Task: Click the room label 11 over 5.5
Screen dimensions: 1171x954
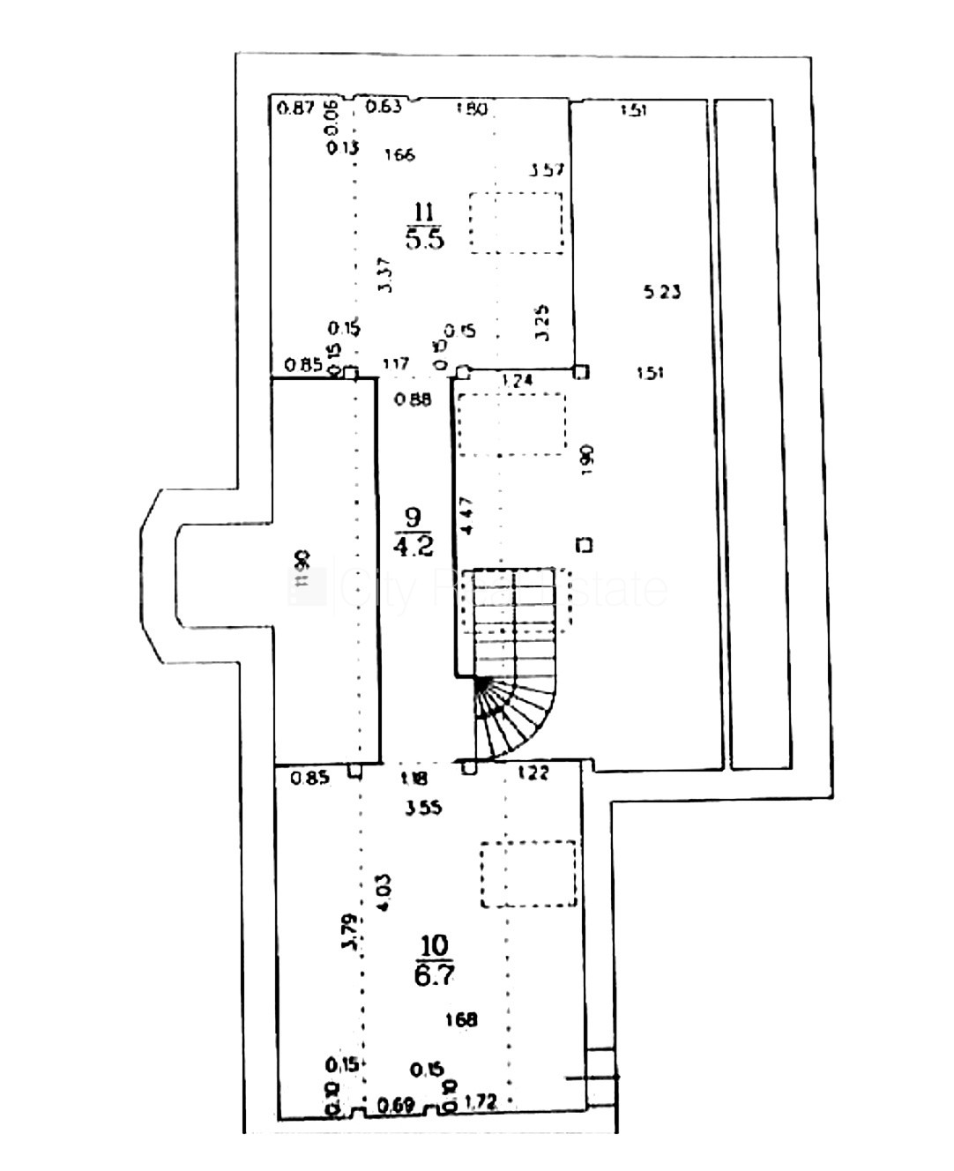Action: (424, 226)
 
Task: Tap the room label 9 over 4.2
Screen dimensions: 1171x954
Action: (413, 532)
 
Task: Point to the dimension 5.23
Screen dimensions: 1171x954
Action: (662, 291)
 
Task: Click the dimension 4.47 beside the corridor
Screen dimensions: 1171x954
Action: (467, 516)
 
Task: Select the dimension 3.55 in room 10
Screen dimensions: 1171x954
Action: (423, 808)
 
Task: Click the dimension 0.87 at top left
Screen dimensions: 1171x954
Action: (295, 108)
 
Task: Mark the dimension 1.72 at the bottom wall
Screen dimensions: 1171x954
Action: (480, 1101)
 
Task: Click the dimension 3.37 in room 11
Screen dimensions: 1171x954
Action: (384, 275)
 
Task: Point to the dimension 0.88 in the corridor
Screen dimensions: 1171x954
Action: (413, 399)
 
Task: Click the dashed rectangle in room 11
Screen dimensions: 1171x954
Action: (516, 223)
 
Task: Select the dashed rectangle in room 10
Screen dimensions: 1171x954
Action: (528, 874)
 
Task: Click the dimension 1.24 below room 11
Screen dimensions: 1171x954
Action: (517, 381)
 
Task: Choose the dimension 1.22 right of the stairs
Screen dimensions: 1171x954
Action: (532, 773)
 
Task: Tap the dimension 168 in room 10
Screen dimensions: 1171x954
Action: (461, 1019)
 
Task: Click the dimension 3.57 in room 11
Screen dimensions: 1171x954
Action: (547, 169)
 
